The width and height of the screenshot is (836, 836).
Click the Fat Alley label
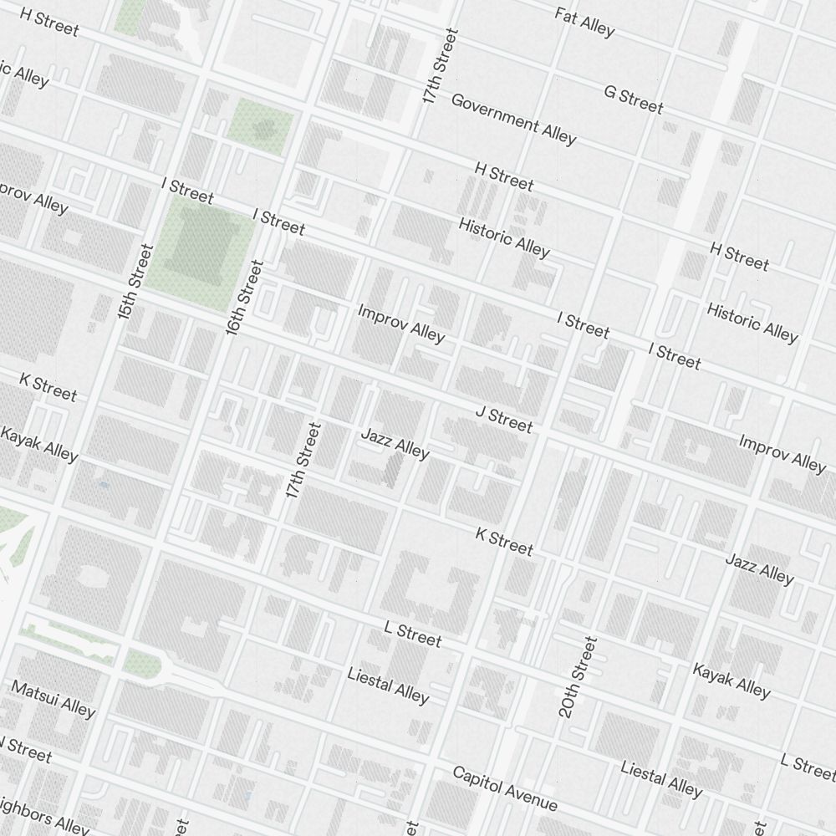[x=584, y=23]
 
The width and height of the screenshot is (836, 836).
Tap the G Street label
[x=633, y=99]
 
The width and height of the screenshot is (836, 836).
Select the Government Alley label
[x=513, y=119]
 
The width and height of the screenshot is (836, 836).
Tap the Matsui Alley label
[x=54, y=698]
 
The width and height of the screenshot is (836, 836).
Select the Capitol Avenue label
[x=504, y=788]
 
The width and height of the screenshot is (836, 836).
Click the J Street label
[x=503, y=420]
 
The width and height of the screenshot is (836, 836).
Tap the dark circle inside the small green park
[x=264, y=128]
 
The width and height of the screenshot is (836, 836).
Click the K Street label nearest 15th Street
[x=48, y=387]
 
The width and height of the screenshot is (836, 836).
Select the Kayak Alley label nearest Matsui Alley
[x=39, y=444]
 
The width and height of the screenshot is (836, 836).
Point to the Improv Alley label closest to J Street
[x=401, y=323]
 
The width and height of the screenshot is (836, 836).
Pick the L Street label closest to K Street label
[x=412, y=634]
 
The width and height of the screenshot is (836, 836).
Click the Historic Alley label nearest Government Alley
[x=504, y=237]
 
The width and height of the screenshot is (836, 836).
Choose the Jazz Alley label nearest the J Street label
[x=395, y=443]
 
